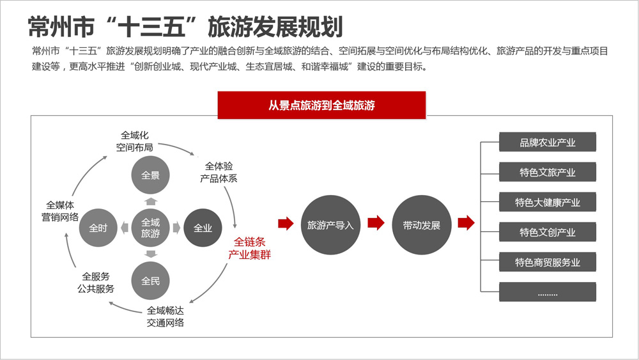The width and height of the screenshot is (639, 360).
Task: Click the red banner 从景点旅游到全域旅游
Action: (321, 106)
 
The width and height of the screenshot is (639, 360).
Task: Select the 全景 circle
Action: (150, 175)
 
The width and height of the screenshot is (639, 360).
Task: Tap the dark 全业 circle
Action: (203, 228)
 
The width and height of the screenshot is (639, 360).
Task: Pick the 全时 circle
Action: (98, 228)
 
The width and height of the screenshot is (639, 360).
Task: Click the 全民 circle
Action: (150, 281)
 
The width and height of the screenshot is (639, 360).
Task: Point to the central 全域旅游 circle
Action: (150, 228)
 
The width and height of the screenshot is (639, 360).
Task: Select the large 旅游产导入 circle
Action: (330, 225)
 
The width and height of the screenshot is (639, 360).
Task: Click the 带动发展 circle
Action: (422, 225)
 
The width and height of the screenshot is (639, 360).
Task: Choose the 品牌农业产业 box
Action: (548, 142)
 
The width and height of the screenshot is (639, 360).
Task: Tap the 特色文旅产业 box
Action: (548, 172)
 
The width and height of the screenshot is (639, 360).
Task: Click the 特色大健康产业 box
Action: (548, 202)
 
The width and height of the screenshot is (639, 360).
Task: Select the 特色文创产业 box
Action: (548, 232)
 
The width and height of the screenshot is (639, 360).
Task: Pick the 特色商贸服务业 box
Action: (548, 262)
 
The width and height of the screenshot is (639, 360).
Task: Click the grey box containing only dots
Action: (548, 292)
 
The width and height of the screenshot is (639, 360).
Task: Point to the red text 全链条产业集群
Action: (249, 248)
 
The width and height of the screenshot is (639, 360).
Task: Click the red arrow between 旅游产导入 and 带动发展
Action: (376, 223)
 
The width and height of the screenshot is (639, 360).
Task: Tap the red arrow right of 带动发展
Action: (466, 223)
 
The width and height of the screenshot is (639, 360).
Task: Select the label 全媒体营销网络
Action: (60, 211)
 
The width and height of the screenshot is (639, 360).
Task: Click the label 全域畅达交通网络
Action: (166, 317)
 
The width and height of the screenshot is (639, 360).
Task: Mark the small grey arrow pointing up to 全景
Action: (151, 201)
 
